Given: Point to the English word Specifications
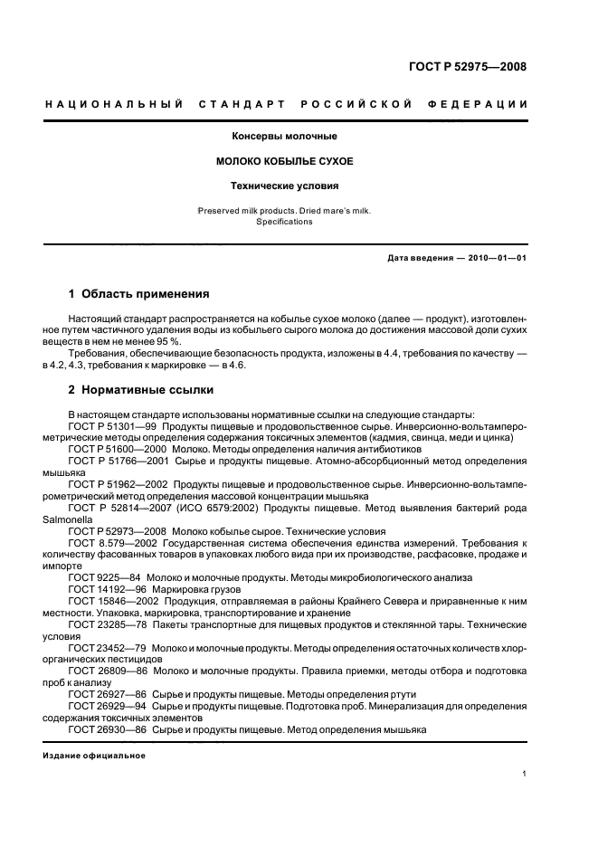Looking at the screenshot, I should click(284, 222).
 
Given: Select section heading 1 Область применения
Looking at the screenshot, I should click(139, 294).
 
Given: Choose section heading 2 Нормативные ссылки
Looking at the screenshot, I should click(141, 390).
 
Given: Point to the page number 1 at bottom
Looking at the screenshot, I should click(526, 775).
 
